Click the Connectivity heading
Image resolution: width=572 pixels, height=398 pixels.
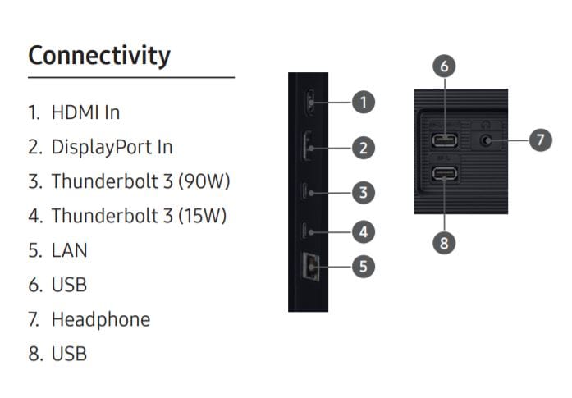pyautogui.click(x=99, y=56)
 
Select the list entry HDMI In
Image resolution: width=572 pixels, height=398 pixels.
pyautogui.click(x=85, y=112)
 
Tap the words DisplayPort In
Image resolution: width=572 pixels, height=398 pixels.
pyautogui.click(x=112, y=148)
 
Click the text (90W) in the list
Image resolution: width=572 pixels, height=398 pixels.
pyautogui.click(x=204, y=181)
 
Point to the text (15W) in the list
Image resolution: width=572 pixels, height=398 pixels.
pyautogui.click(x=202, y=216)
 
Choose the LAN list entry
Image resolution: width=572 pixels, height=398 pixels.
pyautogui.click(x=69, y=250)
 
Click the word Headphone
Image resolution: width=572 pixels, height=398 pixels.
pyautogui.click(x=101, y=319)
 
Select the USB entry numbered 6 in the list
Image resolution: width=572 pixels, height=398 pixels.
pyautogui.click(x=69, y=285)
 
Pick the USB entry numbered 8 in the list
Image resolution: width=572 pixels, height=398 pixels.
pyautogui.click(x=69, y=354)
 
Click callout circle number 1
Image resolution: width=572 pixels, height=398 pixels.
pyautogui.click(x=364, y=102)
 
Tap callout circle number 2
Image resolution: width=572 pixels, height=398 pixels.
pyautogui.click(x=364, y=148)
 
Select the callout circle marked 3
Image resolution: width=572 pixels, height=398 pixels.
pyautogui.click(x=364, y=193)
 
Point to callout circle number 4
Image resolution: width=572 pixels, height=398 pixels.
pyautogui.click(x=364, y=232)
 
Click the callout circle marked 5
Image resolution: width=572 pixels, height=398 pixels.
pyautogui.click(x=364, y=267)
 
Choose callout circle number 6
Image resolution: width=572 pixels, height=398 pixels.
pyautogui.click(x=444, y=66)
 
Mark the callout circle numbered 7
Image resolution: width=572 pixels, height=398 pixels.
pyautogui.click(x=541, y=140)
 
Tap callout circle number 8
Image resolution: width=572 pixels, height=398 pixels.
pyautogui.click(x=444, y=243)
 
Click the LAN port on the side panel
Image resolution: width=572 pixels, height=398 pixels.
pyautogui.click(x=310, y=267)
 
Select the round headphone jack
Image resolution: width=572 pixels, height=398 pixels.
pyautogui.click(x=485, y=140)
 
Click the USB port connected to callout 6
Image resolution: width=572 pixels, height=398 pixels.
pyautogui.click(x=445, y=140)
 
